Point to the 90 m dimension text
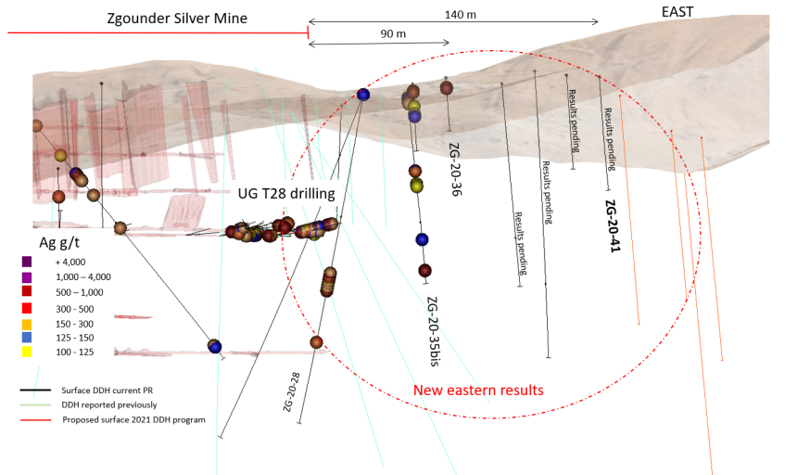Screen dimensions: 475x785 point(394,34)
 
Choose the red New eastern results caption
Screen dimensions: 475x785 point(477,390)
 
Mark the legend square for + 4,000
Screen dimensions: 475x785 point(28,263)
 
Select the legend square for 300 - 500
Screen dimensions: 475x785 point(28,308)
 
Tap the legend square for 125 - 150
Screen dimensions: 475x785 point(28,338)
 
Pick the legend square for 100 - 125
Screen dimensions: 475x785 point(28,353)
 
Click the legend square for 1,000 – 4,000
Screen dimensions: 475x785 point(28,277)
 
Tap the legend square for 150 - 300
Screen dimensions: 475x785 point(28,323)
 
